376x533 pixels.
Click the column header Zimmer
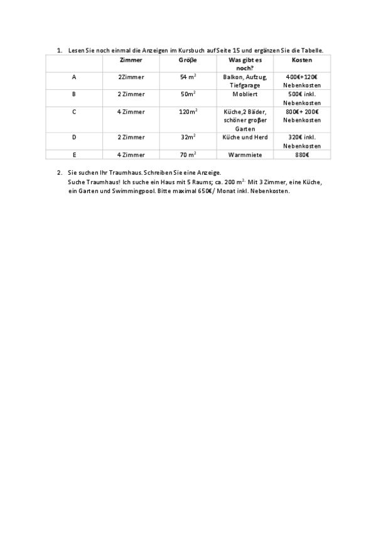(x=131, y=60)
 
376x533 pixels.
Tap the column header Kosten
(x=302, y=60)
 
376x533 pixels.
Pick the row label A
(x=74, y=77)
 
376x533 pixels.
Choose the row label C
(x=74, y=112)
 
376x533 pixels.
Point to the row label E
(x=74, y=154)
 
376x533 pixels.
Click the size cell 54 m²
(x=188, y=77)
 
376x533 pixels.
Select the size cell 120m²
(x=188, y=112)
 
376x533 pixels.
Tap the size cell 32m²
(x=188, y=137)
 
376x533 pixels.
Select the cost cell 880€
(x=302, y=154)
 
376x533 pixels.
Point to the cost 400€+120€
(x=302, y=77)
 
